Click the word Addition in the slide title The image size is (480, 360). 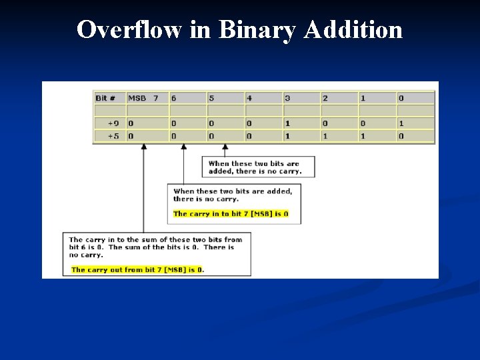click(x=353, y=30)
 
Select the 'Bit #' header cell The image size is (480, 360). click(x=109, y=98)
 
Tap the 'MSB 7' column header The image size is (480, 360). click(x=147, y=98)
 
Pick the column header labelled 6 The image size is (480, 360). click(x=187, y=98)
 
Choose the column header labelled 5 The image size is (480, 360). click(x=225, y=98)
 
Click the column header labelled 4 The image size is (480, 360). click(x=263, y=98)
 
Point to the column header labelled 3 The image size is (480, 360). click(x=301, y=98)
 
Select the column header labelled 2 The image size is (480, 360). click(x=339, y=98)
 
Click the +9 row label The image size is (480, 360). click(x=109, y=123)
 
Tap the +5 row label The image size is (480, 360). click(x=109, y=136)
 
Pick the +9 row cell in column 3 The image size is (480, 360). click(x=301, y=123)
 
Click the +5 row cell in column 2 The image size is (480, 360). click(x=339, y=136)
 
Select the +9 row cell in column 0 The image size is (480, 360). click(x=415, y=123)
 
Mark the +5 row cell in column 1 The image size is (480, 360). click(x=377, y=136)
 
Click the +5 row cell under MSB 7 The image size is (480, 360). click(x=147, y=136)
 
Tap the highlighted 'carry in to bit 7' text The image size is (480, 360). click(x=231, y=214)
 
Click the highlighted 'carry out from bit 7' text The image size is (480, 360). click(x=137, y=270)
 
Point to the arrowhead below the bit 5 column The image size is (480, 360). click(x=225, y=147)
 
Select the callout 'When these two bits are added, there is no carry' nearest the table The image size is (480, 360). click(x=259, y=167)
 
